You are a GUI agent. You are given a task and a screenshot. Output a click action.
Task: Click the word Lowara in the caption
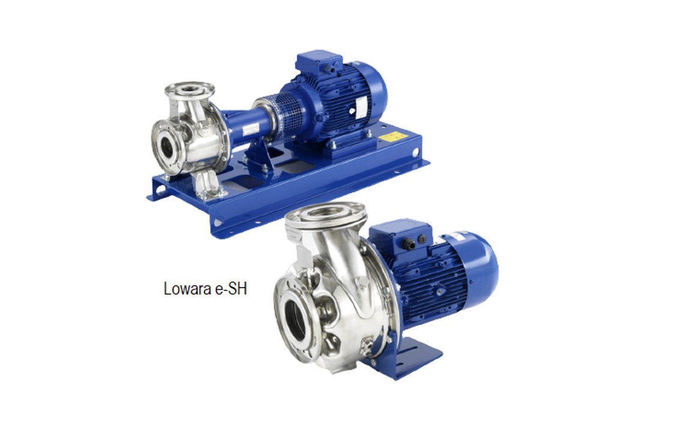[x=187, y=289]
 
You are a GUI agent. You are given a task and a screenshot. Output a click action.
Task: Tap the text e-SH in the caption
[x=230, y=289]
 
